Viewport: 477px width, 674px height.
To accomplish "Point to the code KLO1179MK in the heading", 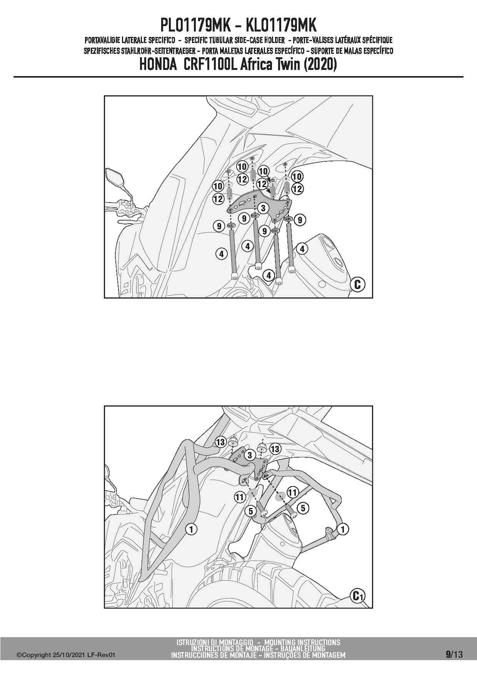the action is [x=282, y=26].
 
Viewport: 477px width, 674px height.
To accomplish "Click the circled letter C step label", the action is [x=357, y=284].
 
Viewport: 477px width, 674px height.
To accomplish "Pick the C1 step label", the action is [x=357, y=596].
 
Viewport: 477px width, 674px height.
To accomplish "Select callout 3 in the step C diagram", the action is [x=263, y=209].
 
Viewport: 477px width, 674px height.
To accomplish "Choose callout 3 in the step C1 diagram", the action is [x=250, y=455].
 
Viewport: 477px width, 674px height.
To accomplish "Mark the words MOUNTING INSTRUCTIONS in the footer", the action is [x=302, y=642].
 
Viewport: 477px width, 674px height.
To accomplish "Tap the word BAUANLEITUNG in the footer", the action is [x=305, y=649].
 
